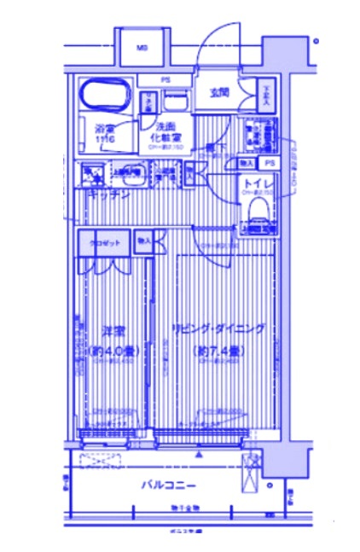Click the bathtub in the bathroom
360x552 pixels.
(104, 94)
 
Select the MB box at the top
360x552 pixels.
(141, 48)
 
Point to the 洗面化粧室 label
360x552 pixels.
(165, 132)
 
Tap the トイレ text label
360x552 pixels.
(258, 183)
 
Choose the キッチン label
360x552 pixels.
(108, 194)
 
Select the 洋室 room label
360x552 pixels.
(113, 329)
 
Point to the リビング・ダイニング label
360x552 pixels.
(218, 329)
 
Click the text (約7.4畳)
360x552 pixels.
(218, 350)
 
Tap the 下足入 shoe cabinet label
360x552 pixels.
(266, 91)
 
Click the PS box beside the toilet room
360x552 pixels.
(270, 162)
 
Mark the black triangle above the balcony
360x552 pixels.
(198, 455)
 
